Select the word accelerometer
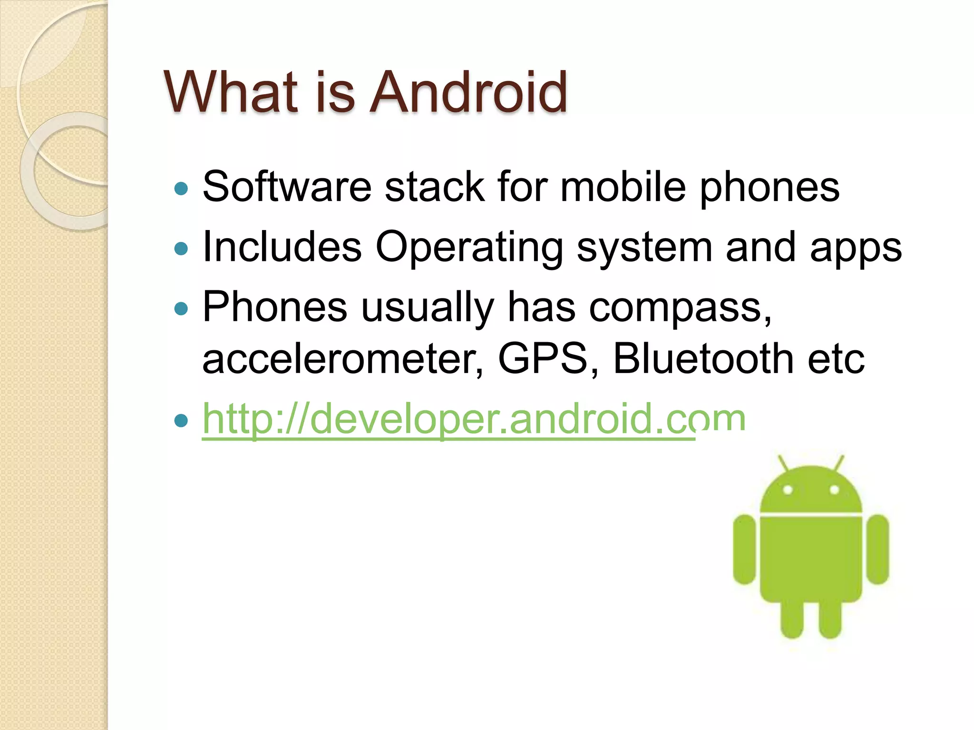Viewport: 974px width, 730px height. (x=342, y=359)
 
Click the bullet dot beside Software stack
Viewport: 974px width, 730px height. (x=181, y=189)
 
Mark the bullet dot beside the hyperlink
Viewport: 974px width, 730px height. (x=181, y=420)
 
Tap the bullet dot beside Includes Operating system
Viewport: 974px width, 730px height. (x=181, y=248)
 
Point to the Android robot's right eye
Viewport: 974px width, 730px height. (x=834, y=490)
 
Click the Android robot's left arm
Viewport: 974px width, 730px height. (x=744, y=549)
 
